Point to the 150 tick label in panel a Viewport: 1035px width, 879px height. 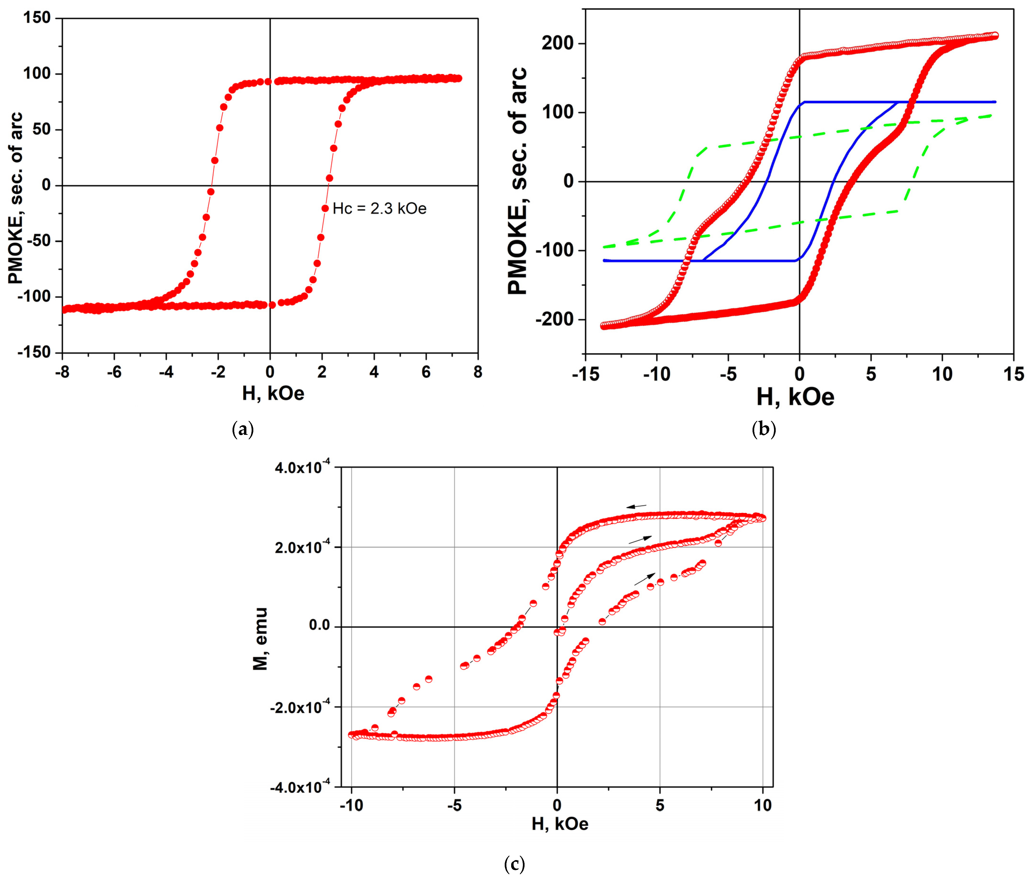pos(37,18)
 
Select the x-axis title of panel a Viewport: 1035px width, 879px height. pos(273,394)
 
